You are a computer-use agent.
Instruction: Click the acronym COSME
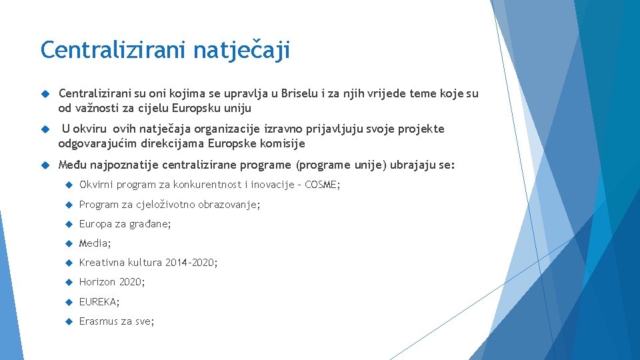pos(321,185)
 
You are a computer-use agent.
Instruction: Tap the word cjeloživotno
pos(165,205)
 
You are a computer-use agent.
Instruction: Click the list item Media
pos(94,243)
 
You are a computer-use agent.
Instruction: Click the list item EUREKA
pos(98,302)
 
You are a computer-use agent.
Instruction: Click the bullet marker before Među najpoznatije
pos(45,165)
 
